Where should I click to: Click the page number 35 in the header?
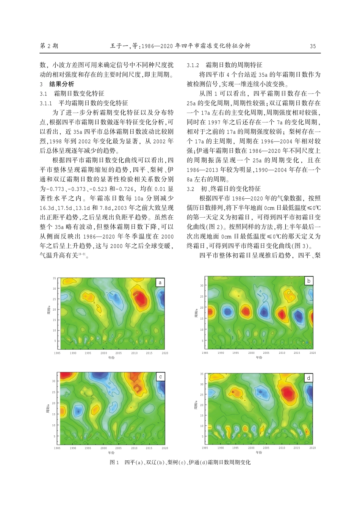(x=313, y=46)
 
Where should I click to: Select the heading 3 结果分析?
(x=57, y=84)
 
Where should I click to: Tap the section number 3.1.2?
(x=193, y=65)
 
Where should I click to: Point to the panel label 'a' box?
(x=160, y=282)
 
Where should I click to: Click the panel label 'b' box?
(x=309, y=281)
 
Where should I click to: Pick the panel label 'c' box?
(x=160, y=377)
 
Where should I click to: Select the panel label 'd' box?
(x=309, y=378)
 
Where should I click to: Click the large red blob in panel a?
(x=141, y=298)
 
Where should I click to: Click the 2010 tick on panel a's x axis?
(x=135, y=353)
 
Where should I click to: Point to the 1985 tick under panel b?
(x=205, y=353)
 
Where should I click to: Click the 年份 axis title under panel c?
(x=111, y=452)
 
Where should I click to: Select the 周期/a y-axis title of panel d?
(x=196, y=405)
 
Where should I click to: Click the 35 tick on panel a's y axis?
(x=54, y=279)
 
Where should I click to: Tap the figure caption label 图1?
(x=114, y=462)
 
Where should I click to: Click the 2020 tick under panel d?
(x=313, y=448)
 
